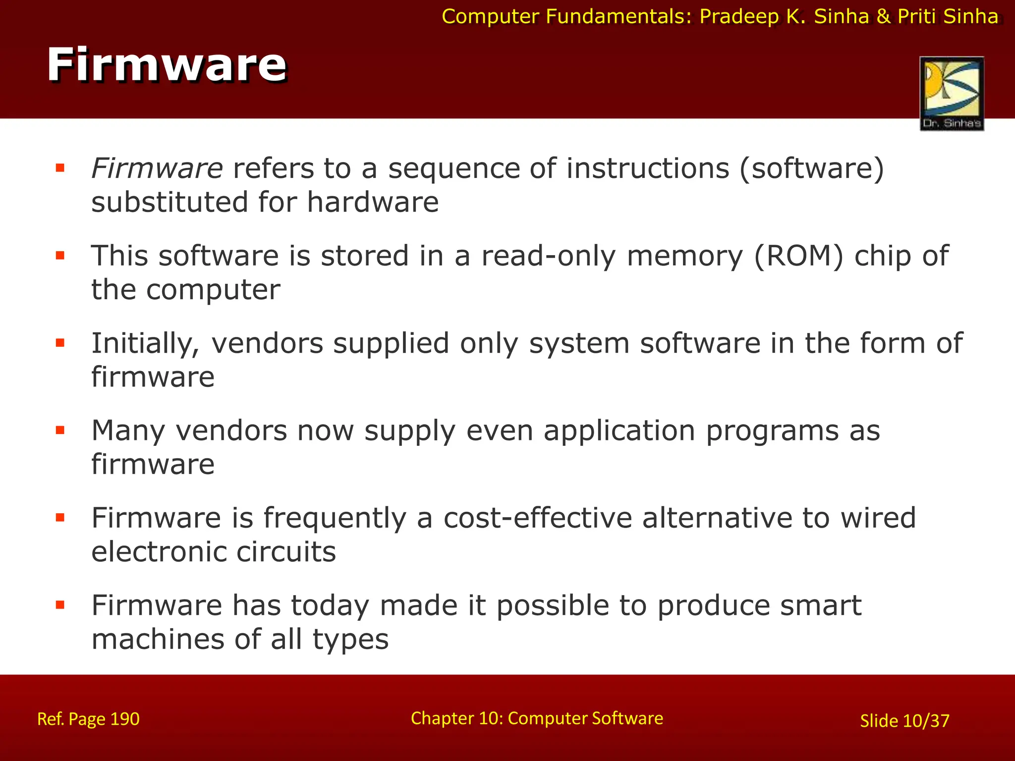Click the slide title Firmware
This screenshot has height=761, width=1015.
pos(167,65)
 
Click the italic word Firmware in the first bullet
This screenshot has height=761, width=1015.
pos(157,168)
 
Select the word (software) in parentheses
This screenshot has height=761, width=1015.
pos(811,169)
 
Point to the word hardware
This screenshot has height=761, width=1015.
pos(373,203)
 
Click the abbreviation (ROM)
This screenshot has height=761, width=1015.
pos(798,257)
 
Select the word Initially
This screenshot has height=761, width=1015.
pos(145,344)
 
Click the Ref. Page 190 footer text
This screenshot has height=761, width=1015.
pos(88,719)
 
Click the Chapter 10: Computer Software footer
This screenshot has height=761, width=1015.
pos(537,718)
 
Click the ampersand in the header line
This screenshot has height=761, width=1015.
pos(884,17)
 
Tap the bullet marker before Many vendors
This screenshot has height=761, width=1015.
pos(60,430)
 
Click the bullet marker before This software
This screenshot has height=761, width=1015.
pos(60,256)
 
